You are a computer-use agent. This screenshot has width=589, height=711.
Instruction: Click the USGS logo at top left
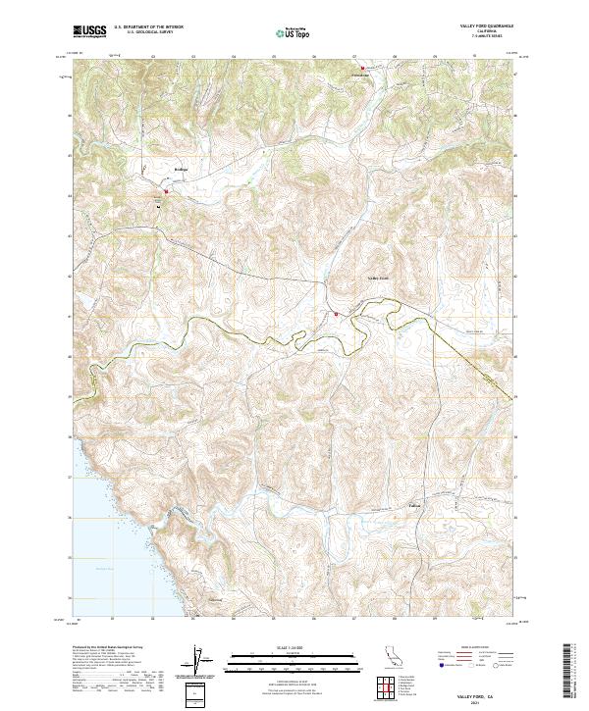click(x=89, y=32)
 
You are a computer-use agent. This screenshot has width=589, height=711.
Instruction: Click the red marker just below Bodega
click(x=166, y=191)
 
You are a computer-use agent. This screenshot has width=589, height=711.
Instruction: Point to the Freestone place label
click(x=359, y=76)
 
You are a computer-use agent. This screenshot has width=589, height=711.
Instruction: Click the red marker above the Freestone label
click(x=360, y=69)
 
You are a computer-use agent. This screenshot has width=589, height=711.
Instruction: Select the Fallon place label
click(x=414, y=507)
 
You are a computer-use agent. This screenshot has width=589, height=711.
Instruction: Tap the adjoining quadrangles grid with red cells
click(x=392, y=686)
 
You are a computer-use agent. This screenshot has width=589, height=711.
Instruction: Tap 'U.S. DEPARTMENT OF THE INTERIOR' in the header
click(x=148, y=28)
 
